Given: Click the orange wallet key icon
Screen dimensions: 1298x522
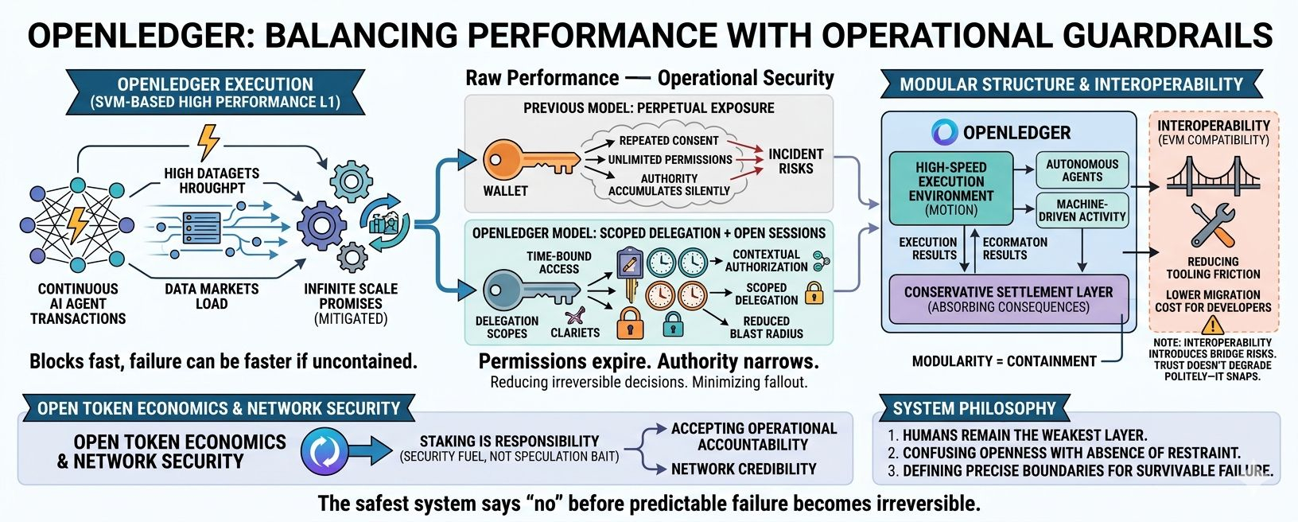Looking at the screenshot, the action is (530, 160).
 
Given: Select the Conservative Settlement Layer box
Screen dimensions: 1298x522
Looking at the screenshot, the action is (1008, 299).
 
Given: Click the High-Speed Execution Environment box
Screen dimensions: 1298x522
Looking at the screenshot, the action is (951, 189).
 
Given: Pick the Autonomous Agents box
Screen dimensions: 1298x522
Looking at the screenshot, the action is (1082, 170).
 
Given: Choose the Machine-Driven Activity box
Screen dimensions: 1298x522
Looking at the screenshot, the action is (1082, 211).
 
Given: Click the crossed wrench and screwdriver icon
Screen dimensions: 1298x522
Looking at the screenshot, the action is (1213, 226).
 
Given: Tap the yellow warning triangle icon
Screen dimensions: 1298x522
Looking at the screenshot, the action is (1213, 325).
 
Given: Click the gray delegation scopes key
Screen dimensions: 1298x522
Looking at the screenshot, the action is (531, 290).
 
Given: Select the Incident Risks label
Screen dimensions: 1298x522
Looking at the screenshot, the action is (795, 162).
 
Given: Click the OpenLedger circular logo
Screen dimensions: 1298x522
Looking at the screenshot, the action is (945, 132).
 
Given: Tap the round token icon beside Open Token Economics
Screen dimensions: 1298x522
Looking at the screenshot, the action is (324, 451).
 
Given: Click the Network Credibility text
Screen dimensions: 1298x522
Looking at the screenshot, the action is (744, 469).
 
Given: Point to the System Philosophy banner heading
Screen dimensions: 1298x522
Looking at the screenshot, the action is (974, 408).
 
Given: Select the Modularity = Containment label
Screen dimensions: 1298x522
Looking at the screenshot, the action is (1005, 361).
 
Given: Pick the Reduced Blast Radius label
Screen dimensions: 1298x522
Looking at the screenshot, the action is (766, 327).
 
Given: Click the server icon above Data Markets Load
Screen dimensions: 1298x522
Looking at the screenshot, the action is (201, 228).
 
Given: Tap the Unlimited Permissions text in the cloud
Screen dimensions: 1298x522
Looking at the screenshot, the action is (670, 159).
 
